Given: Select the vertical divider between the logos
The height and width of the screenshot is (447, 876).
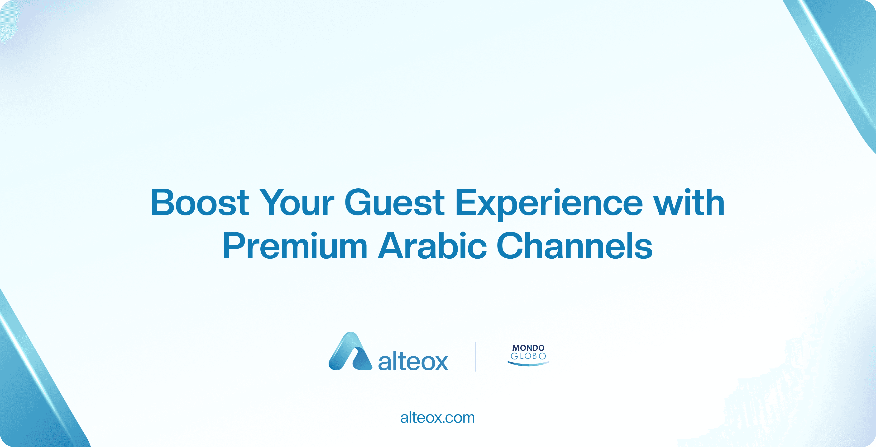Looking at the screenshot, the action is [x=475, y=357].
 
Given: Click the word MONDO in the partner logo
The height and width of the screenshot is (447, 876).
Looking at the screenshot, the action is [x=528, y=348].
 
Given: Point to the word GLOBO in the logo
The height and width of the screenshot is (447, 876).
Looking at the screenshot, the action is [x=528, y=356].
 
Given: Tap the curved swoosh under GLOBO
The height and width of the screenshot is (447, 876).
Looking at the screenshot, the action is [x=528, y=364].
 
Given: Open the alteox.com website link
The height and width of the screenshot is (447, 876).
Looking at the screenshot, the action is [x=438, y=418].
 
